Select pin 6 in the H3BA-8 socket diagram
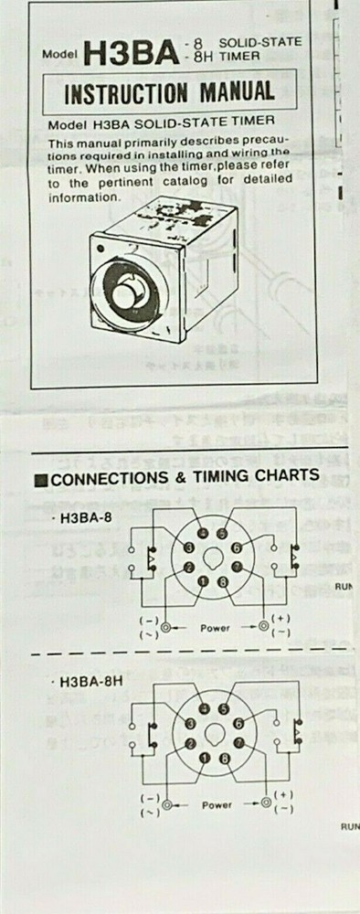(x=239, y=547)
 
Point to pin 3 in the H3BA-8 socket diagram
(x=189, y=547)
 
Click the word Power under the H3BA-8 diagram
(x=217, y=628)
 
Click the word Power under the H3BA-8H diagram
(x=217, y=806)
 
